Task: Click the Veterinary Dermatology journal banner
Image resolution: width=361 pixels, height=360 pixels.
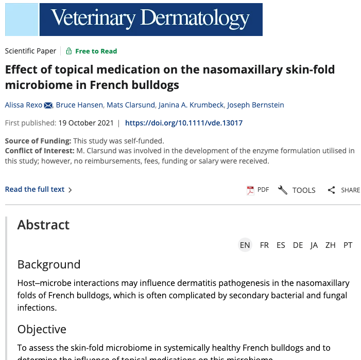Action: click(x=134, y=19)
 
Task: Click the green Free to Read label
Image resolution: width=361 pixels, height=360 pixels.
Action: click(x=96, y=51)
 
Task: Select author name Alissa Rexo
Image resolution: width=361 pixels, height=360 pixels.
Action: click(x=24, y=105)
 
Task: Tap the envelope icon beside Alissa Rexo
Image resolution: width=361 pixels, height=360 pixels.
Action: click(x=48, y=105)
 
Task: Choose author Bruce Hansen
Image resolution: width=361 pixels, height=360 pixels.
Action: click(x=79, y=105)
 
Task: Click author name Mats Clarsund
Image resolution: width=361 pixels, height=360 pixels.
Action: click(x=131, y=105)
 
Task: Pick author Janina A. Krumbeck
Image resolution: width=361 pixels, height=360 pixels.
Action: click(x=191, y=105)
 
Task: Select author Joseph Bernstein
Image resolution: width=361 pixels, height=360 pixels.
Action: click(x=256, y=105)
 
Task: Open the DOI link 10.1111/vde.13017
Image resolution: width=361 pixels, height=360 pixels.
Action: click(x=184, y=123)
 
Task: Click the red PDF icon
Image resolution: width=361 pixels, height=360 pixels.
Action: click(x=251, y=190)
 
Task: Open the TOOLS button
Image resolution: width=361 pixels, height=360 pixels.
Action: click(x=297, y=190)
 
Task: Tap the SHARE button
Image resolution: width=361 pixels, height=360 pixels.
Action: click(x=344, y=190)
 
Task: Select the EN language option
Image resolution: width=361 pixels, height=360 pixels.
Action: click(x=245, y=245)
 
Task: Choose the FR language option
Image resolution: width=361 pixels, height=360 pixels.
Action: click(x=264, y=245)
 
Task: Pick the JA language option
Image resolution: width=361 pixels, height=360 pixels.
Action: click(x=314, y=245)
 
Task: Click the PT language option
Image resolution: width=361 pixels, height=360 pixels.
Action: click(x=348, y=245)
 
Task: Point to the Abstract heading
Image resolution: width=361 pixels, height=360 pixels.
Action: click(x=43, y=225)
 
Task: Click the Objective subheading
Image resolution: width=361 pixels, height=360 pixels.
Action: click(x=42, y=329)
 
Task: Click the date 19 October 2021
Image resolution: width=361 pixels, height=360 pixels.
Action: click(x=85, y=123)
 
